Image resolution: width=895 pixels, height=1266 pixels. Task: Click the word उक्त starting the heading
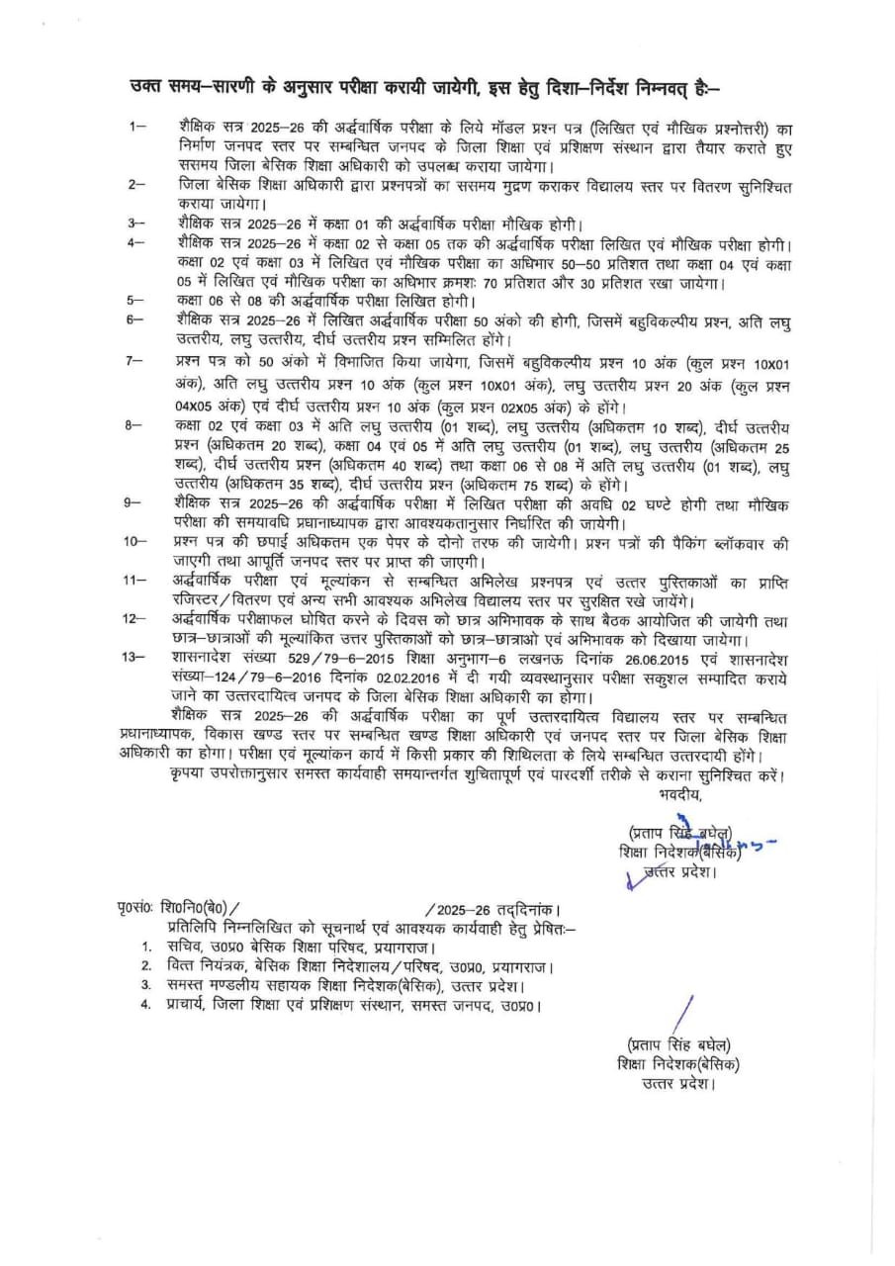tap(148, 87)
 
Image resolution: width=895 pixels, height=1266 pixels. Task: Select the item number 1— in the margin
tap(137, 128)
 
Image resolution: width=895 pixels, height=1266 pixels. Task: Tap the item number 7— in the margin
tap(136, 363)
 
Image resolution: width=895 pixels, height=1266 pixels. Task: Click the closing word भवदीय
tap(679, 793)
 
